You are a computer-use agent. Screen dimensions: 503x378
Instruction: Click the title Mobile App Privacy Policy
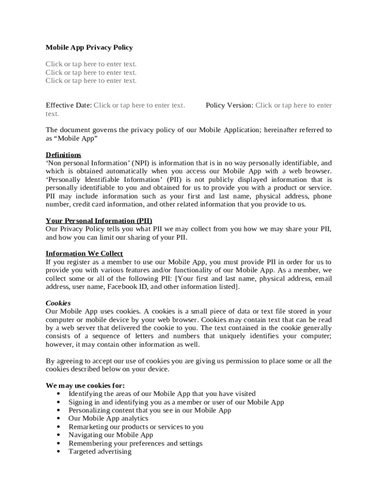(89, 48)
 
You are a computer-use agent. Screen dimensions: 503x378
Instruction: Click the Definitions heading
(63, 155)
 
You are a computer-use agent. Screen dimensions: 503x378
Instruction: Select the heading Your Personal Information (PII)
(102, 221)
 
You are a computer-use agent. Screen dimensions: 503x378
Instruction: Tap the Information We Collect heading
(84, 253)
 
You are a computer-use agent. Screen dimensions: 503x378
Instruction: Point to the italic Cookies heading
(58, 303)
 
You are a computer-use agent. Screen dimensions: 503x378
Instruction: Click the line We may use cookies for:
(85, 385)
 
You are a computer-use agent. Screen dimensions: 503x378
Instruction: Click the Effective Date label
(68, 105)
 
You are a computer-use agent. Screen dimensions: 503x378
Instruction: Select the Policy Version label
(229, 105)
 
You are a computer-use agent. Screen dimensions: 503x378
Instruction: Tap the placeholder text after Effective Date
(139, 105)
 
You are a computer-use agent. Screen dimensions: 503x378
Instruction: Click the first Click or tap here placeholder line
(91, 64)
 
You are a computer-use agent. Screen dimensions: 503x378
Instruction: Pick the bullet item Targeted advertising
(100, 451)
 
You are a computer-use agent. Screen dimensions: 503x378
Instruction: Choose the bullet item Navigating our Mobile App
(110, 435)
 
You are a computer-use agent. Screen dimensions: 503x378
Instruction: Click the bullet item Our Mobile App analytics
(108, 419)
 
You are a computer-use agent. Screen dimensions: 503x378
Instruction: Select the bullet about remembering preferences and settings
(135, 443)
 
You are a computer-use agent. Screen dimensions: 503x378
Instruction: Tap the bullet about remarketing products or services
(135, 427)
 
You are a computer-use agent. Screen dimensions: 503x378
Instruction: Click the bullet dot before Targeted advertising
(59, 452)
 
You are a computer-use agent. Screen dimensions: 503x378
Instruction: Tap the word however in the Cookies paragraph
(58, 344)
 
